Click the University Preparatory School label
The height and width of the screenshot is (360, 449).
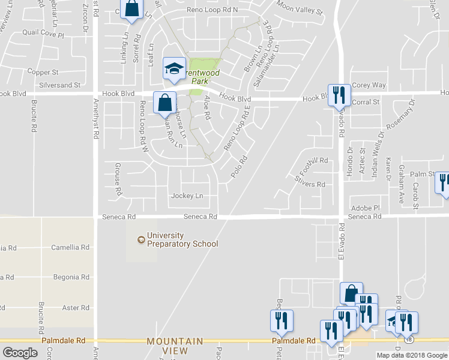(178, 239)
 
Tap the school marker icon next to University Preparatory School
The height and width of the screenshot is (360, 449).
(141, 240)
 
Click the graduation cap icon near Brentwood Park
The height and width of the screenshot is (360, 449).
(174, 68)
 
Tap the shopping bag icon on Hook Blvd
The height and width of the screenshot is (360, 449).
(164, 103)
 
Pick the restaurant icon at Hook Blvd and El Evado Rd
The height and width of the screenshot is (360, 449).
(339, 94)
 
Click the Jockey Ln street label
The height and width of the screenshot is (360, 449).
(187, 196)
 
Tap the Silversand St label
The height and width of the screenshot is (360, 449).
(59, 85)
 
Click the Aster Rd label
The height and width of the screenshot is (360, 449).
(76, 308)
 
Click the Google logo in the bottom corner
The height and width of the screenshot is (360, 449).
(20, 353)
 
